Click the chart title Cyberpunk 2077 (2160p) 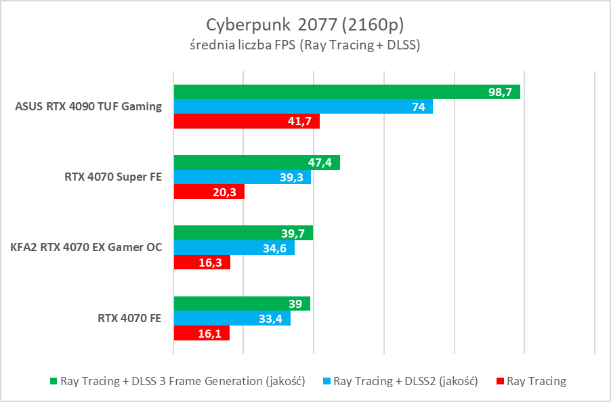(305, 24)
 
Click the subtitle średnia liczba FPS (305, 46)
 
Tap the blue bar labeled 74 (303, 106)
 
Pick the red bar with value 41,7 (247, 121)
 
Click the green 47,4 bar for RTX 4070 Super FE (257, 162)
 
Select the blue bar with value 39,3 (243, 177)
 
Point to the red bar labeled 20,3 (209, 192)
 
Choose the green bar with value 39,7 (243, 233)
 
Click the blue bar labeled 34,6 (234, 248)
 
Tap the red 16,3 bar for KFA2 (202, 263)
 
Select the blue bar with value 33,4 (232, 318)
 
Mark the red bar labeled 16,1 (202, 333)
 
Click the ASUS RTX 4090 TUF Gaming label (88, 106)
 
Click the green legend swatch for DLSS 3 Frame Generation (54, 382)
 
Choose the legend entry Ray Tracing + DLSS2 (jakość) (406, 382)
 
